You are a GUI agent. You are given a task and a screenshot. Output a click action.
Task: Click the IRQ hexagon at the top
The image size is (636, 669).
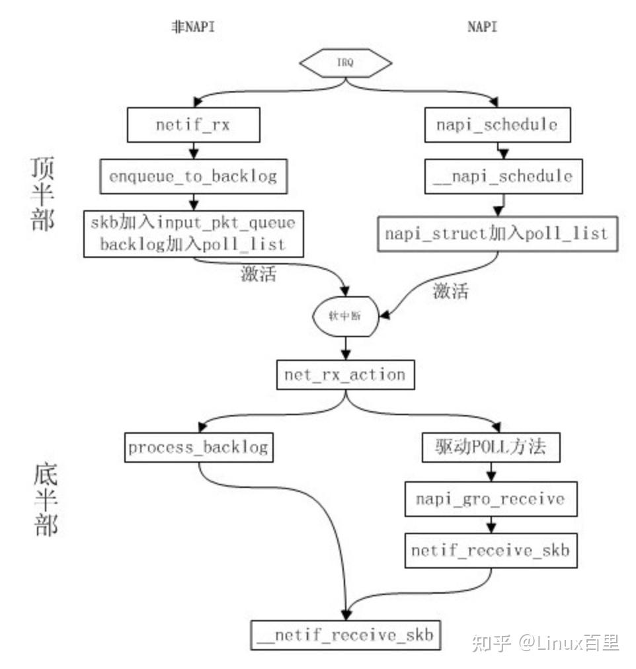coord(346,63)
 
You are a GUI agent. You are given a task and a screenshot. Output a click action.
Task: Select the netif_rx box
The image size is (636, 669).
coord(194,124)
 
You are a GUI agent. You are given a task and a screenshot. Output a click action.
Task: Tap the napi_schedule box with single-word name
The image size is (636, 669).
coord(497,124)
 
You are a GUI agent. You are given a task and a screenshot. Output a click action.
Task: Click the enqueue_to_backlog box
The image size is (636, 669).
coord(193,176)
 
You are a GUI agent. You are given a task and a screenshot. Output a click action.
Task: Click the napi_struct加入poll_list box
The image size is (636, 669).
coord(497,233)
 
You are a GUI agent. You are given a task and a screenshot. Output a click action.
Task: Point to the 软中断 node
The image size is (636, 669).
coord(345,316)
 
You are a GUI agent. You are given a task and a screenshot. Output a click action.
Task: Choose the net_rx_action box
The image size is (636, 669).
coord(344,375)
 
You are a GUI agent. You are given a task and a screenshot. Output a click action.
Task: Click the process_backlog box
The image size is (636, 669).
coord(198,448)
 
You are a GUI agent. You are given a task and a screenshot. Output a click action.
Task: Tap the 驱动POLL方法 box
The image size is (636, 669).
coord(491,448)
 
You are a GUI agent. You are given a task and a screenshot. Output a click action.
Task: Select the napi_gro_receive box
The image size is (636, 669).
coord(491,498)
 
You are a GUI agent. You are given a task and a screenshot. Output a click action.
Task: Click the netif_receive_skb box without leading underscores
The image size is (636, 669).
coord(491,550)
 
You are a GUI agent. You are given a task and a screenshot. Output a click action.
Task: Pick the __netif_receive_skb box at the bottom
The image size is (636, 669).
coord(345,635)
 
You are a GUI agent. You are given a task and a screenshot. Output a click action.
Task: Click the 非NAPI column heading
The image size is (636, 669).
coord(193,28)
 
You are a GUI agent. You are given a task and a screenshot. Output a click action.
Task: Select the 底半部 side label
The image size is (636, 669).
coord(45,501)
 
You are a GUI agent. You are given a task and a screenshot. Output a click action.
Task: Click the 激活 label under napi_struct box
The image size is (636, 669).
coord(451,292)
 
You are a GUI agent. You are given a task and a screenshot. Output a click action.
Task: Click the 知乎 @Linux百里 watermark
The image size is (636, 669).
coord(545,641)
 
